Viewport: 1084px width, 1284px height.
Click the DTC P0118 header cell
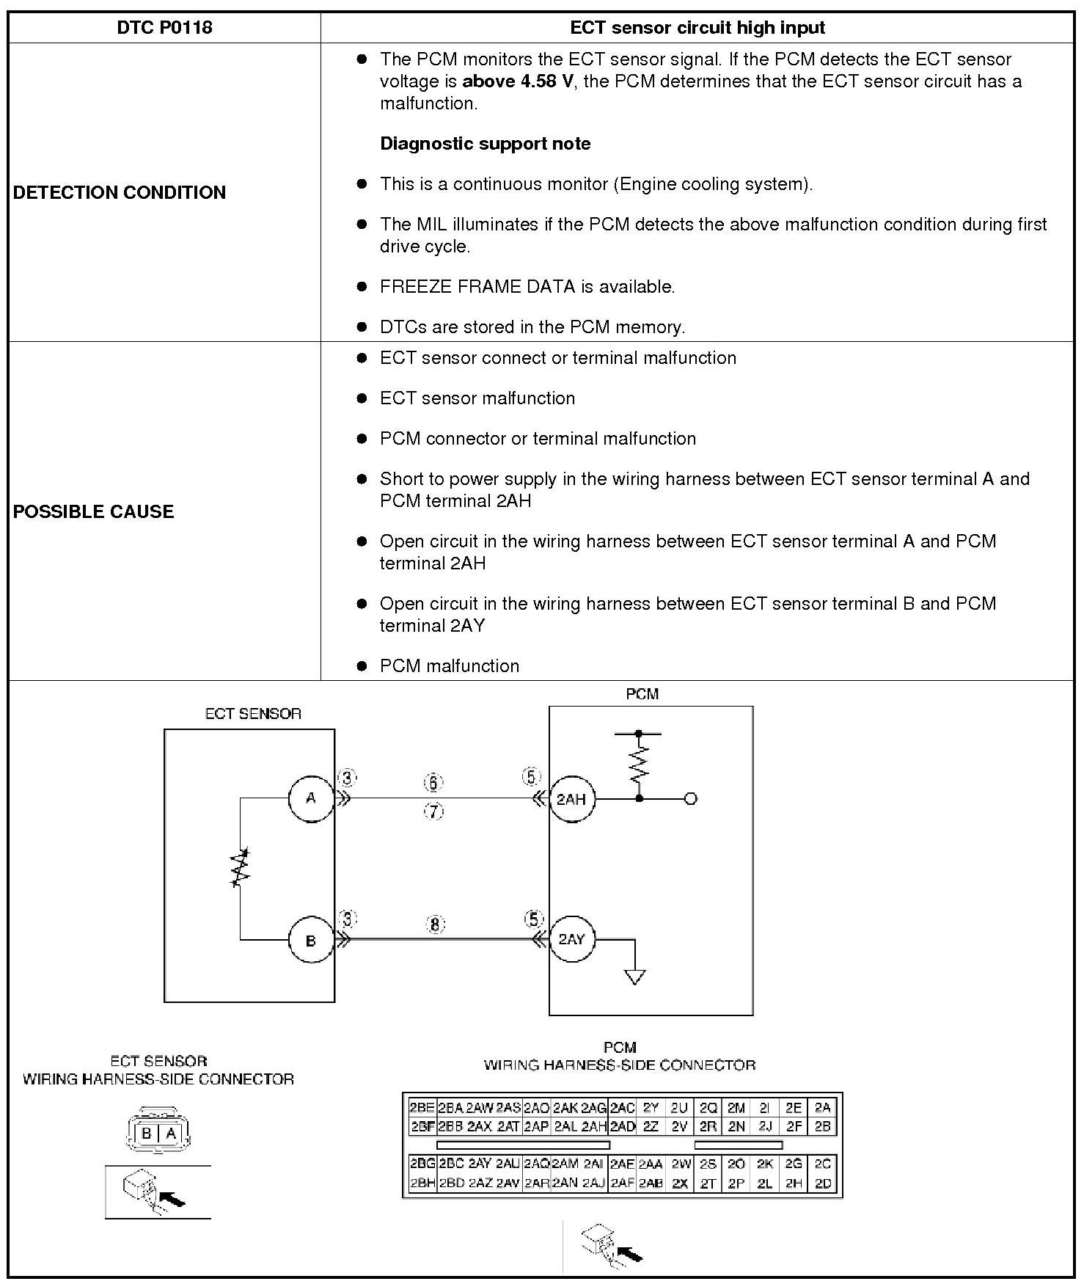pos(164,28)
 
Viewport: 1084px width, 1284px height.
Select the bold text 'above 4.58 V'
pos(518,81)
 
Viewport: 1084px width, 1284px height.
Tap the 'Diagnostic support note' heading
pos(485,144)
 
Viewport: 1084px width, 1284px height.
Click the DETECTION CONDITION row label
pos(120,193)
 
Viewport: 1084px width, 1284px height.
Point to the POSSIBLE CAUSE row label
pos(94,512)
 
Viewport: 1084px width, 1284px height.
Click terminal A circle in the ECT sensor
pos(311,798)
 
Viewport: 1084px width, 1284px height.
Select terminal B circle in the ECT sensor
pos(311,940)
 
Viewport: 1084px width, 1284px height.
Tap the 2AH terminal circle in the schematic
pos(571,799)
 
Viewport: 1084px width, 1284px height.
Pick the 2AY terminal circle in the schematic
pos(571,940)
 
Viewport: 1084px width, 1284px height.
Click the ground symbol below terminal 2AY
pos(635,977)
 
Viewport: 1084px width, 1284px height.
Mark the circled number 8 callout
pos(435,924)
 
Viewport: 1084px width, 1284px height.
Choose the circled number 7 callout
pos(434,811)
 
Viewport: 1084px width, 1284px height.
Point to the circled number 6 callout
pos(433,783)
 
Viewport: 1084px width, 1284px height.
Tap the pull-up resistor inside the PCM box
pos(639,764)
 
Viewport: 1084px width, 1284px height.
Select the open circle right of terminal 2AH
pos(690,799)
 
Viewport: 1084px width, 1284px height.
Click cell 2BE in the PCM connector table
pos(422,1108)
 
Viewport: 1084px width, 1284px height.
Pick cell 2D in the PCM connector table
pos(823,1183)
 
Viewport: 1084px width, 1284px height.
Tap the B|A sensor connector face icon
pos(158,1133)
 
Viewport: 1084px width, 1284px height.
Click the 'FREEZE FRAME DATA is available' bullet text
pos(527,287)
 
